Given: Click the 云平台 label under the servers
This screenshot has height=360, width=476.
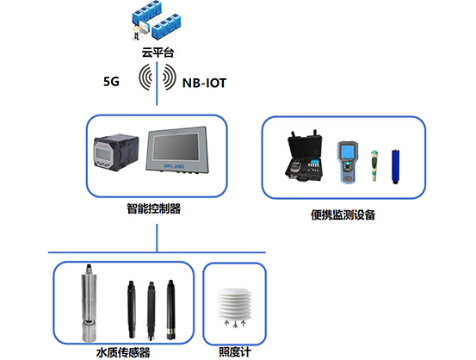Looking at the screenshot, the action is pyautogui.click(x=158, y=53).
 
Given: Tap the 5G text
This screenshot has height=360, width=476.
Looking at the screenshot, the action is pyautogui.click(x=111, y=82).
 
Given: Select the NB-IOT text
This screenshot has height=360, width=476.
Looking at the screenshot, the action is pyautogui.click(x=204, y=84).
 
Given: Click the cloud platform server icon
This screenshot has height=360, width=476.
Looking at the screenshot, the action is pyautogui.click(x=156, y=21).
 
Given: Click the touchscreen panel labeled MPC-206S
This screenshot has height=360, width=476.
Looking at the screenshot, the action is pyautogui.click(x=177, y=150).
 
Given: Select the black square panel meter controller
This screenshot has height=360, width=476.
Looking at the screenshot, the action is pyautogui.click(x=116, y=152).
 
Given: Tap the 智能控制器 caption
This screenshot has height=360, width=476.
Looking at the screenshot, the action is pyautogui.click(x=153, y=208).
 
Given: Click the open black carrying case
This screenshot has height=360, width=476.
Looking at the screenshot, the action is pyautogui.click(x=304, y=157).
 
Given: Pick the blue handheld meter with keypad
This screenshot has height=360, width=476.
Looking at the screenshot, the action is pyautogui.click(x=348, y=162).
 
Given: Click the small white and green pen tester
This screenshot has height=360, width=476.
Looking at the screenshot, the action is pyautogui.click(x=374, y=165).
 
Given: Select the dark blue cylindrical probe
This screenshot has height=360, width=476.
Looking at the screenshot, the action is pyautogui.click(x=396, y=166).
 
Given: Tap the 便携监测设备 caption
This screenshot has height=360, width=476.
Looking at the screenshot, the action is pyautogui.click(x=343, y=214).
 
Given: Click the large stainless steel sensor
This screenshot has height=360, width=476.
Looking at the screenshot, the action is pyautogui.click(x=89, y=303).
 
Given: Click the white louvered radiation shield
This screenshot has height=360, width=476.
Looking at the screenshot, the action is pyautogui.click(x=235, y=305).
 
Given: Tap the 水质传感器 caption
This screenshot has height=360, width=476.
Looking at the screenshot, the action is pyautogui.click(x=123, y=352).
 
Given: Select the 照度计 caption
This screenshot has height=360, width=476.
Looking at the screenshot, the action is pyautogui.click(x=235, y=351).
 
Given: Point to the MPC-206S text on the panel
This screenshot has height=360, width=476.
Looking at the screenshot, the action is pyautogui.click(x=174, y=166).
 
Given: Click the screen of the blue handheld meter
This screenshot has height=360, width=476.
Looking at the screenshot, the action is pyautogui.click(x=347, y=152).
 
